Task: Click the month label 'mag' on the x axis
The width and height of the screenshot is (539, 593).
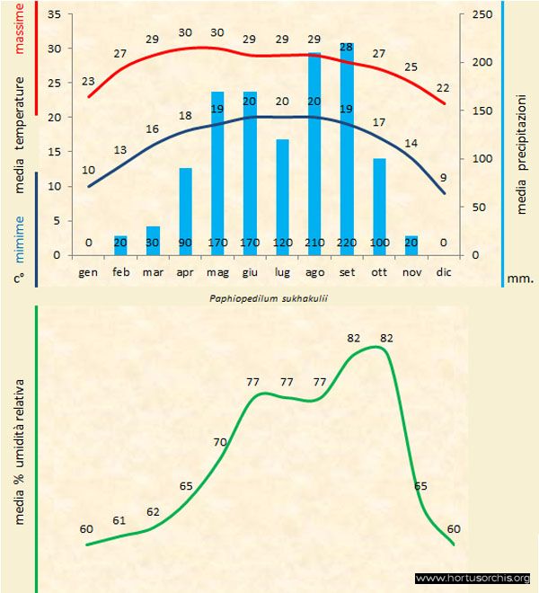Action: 217,270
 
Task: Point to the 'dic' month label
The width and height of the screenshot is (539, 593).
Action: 444,270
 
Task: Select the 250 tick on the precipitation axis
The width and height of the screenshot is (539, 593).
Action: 482,15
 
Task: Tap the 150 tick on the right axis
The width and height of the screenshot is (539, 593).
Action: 482,111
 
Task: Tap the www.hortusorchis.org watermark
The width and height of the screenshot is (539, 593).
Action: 473,578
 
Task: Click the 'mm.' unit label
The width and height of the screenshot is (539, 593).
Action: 520,279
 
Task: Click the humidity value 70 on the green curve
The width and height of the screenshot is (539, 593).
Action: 219,441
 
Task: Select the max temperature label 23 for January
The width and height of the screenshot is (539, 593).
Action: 88,82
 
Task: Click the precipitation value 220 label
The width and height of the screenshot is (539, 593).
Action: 347,243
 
